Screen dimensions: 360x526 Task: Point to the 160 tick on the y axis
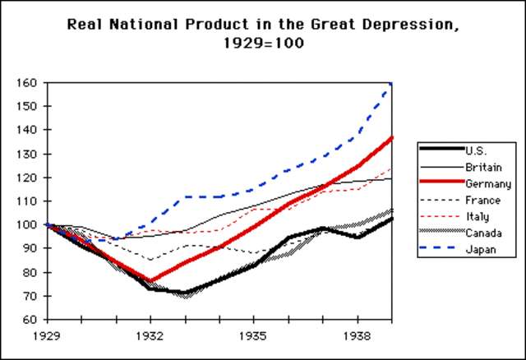point(28,83)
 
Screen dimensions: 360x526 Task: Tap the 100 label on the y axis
point(28,224)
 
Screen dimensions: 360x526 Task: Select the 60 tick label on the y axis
point(30,319)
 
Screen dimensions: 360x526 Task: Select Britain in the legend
point(480,166)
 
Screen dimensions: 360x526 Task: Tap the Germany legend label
point(485,182)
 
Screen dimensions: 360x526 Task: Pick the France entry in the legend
point(480,200)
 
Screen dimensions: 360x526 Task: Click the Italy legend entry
point(476,216)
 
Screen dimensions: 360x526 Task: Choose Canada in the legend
point(481,233)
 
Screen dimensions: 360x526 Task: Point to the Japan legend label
point(478,250)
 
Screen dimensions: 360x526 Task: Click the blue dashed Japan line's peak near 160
point(390,85)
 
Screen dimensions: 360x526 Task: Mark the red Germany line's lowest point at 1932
point(150,280)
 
